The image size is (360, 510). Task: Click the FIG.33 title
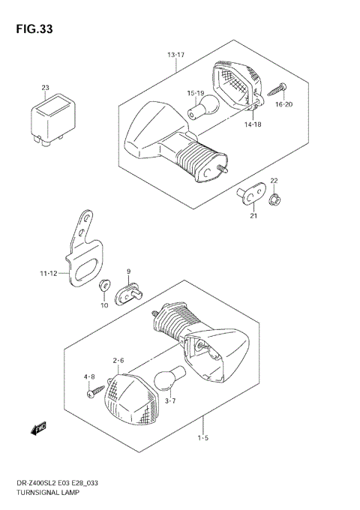pos(32,30)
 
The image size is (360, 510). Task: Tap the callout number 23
pos(44,88)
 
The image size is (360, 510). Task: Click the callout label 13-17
pos(176,55)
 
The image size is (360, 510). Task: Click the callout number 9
pos(128,271)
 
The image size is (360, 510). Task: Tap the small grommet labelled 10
pos(104,286)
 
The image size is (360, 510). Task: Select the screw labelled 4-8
pos(95,390)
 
